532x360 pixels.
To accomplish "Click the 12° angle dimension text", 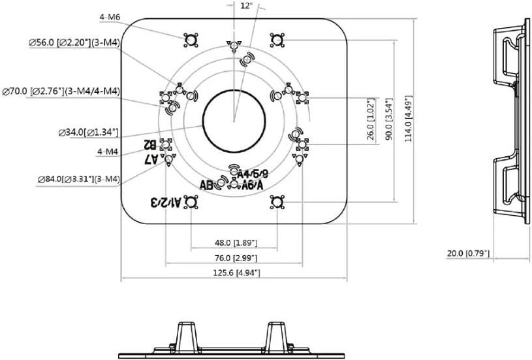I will coord(245,5).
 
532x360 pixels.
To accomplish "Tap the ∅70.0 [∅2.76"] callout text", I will coord(61,90).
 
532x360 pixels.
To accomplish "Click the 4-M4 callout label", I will coord(107,152).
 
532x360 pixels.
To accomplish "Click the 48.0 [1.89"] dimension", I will coord(235,242).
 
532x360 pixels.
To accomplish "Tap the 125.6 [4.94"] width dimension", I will coord(234,272).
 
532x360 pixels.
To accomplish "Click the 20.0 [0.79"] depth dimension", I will coord(469,253).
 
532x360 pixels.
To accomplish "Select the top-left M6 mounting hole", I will coord(190,40).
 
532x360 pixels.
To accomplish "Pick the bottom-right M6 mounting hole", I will coord(277,202).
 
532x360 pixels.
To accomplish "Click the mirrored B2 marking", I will coord(150,144).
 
